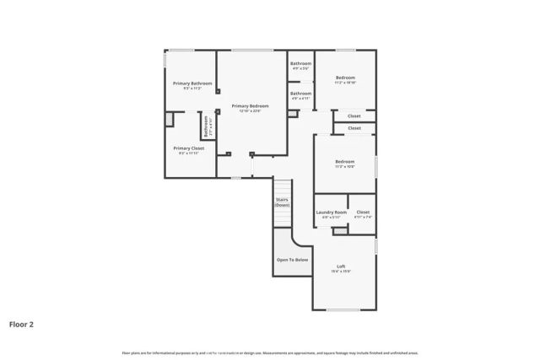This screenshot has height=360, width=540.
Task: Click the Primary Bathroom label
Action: (192, 83)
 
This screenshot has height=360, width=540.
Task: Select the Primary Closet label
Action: (189, 148)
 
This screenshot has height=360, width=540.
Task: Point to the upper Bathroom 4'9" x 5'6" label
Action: (301, 64)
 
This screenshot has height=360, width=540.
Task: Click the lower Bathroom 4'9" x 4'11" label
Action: (301, 93)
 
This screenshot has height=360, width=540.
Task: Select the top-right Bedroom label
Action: (345, 78)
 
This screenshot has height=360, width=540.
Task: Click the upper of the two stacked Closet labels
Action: (354, 116)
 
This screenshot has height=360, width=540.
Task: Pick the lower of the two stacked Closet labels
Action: (354, 128)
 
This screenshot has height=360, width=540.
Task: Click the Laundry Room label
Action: (331, 212)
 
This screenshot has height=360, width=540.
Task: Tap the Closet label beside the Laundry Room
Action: (363, 212)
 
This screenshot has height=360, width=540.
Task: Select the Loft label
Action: (341, 266)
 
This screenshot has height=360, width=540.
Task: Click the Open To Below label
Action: (292, 260)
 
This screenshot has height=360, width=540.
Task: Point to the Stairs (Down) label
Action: (282, 202)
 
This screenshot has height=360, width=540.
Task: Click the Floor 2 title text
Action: (21, 323)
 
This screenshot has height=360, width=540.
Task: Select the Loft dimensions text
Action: (341, 271)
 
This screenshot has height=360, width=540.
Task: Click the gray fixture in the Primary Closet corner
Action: (170, 119)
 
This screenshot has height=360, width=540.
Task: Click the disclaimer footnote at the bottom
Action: (270, 352)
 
